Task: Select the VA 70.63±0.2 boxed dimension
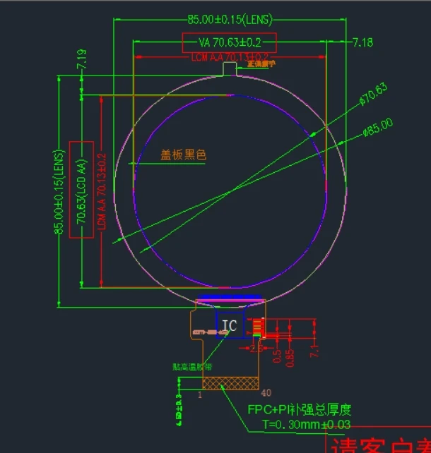click(x=229, y=42)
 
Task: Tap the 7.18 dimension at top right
click(x=362, y=42)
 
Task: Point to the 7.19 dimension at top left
click(x=82, y=59)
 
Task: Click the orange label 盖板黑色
click(x=183, y=155)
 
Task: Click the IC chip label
click(x=229, y=325)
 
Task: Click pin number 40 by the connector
click(x=266, y=393)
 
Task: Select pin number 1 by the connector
click(x=200, y=395)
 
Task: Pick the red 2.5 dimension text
click(x=256, y=348)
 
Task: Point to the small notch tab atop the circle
click(x=230, y=68)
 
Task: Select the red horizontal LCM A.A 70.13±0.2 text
click(x=230, y=56)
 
